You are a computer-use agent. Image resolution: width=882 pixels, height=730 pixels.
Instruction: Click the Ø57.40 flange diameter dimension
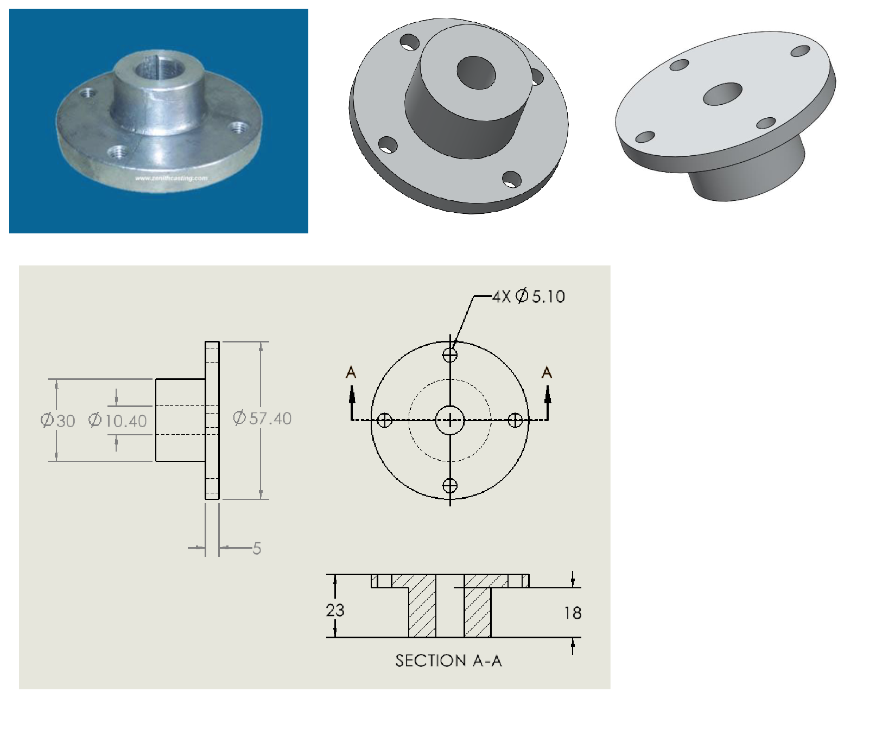click(x=262, y=418)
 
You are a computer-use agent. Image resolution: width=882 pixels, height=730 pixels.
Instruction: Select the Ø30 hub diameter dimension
click(x=58, y=421)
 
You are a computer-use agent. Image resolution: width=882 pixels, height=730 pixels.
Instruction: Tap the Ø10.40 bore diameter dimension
click(x=118, y=421)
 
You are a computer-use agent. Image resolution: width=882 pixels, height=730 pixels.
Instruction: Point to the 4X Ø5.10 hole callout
click(x=529, y=296)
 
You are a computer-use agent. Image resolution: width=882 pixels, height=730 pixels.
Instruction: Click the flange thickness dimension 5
click(x=257, y=548)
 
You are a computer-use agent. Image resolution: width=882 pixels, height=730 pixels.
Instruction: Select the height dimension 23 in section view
click(x=335, y=610)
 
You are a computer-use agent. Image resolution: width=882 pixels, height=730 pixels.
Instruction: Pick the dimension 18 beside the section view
click(x=573, y=613)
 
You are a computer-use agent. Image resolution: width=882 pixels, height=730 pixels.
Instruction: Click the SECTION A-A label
click(x=448, y=661)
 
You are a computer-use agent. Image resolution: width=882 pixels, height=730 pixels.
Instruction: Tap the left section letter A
click(x=351, y=373)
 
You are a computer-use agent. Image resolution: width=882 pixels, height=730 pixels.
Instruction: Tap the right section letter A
click(x=547, y=373)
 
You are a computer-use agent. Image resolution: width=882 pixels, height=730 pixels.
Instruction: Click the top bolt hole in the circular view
click(x=450, y=355)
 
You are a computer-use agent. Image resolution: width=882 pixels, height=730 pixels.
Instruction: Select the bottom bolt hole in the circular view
click(x=450, y=485)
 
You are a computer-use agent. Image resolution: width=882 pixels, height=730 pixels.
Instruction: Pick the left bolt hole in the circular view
click(x=384, y=420)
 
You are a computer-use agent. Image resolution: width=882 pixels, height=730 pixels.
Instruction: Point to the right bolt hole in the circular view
click(x=515, y=420)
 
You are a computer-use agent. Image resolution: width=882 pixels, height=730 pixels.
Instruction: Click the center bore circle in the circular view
click(x=450, y=420)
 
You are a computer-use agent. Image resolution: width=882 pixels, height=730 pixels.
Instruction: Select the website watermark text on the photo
click(x=171, y=178)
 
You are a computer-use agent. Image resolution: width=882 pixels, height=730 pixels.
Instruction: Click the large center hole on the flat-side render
click(x=722, y=94)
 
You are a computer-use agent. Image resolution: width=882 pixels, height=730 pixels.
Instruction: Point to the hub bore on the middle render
click(x=476, y=73)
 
